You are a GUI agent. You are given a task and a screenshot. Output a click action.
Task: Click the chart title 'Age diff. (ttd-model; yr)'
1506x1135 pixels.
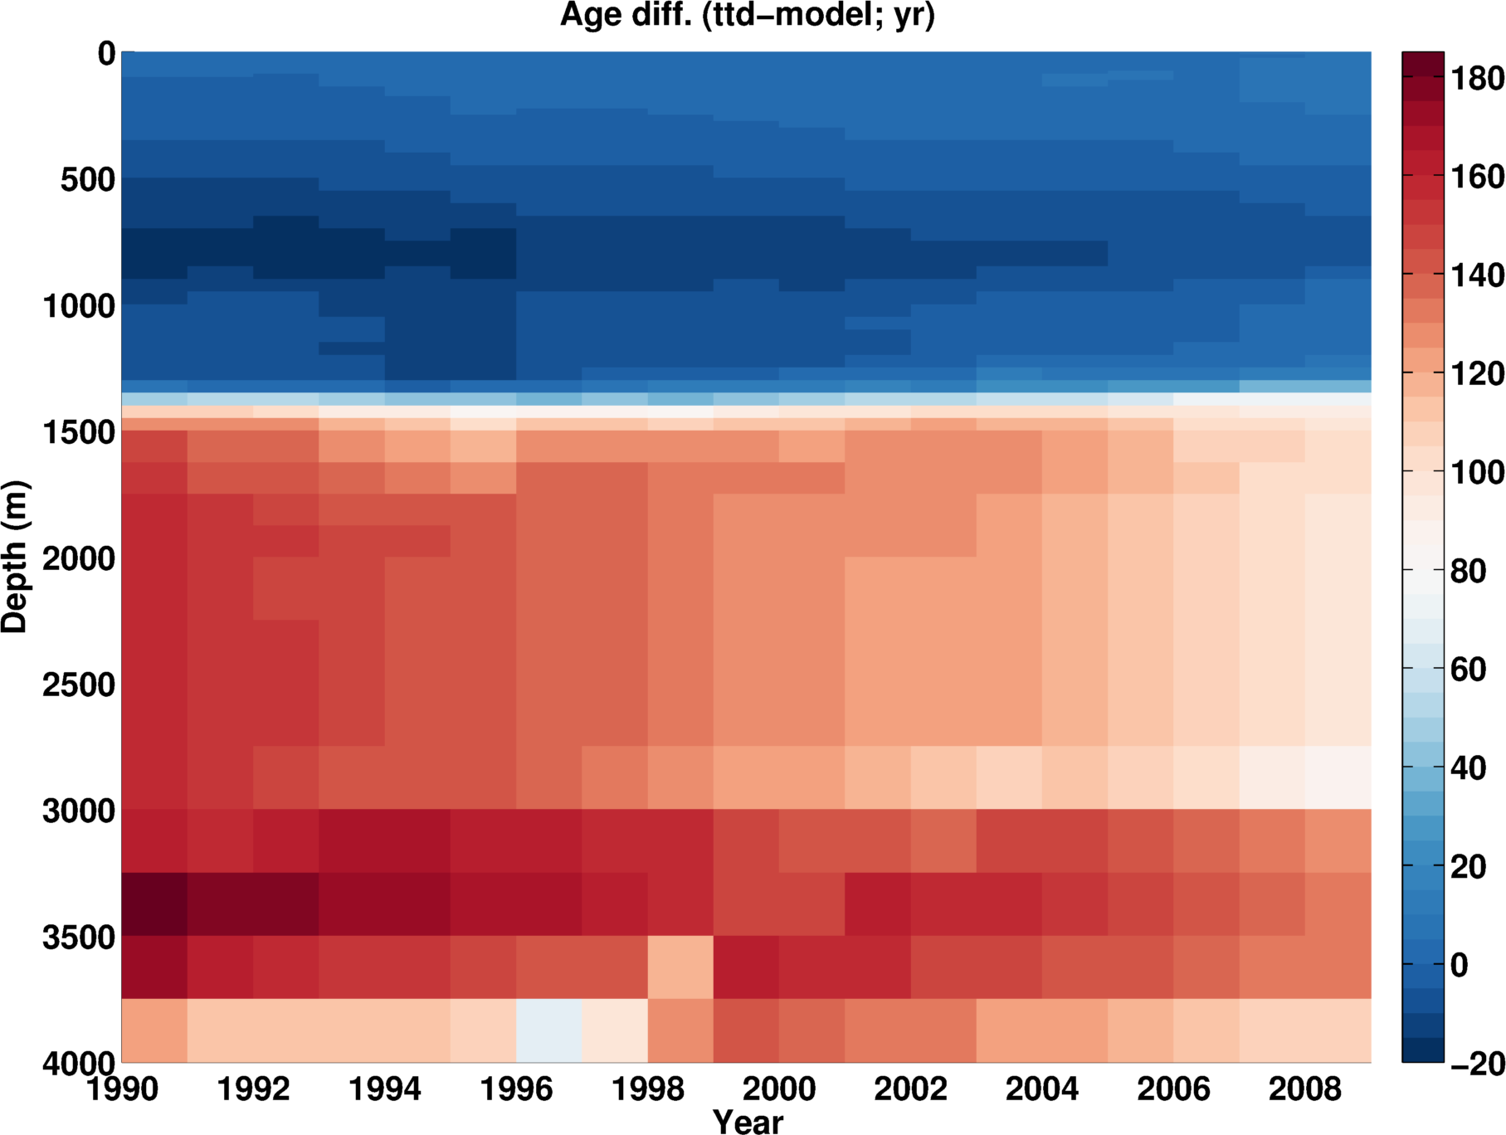click(748, 16)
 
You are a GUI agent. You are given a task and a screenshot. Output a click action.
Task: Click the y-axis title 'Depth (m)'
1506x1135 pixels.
click(15, 557)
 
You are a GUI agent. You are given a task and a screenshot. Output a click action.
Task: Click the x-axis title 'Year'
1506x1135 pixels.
click(748, 1121)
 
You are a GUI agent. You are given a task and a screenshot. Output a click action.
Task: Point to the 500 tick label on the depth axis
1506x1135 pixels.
click(88, 179)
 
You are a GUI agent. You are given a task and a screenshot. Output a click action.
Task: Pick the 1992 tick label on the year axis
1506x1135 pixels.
click(253, 1088)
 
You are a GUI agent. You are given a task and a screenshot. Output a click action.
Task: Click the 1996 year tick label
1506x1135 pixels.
click(516, 1088)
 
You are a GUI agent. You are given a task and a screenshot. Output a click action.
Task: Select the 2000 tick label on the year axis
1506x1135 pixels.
click(779, 1088)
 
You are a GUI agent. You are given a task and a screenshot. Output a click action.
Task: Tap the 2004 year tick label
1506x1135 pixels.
click(1042, 1088)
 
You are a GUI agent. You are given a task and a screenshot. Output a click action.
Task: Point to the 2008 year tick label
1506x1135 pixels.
click(1305, 1088)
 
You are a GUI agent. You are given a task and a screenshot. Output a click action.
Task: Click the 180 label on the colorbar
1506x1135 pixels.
click(1477, 79)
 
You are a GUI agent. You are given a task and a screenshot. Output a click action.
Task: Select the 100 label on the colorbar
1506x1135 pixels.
click(1477, 473)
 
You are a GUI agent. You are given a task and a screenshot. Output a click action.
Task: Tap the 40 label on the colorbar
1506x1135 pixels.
click(1468, 768)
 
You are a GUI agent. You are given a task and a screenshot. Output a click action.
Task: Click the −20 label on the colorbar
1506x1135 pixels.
click(1477, 1064)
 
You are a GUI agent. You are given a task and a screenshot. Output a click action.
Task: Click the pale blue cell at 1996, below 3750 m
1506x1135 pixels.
click(548, 1030)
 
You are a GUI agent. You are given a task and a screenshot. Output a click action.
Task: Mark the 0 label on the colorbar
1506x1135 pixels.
click(1459, 965)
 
